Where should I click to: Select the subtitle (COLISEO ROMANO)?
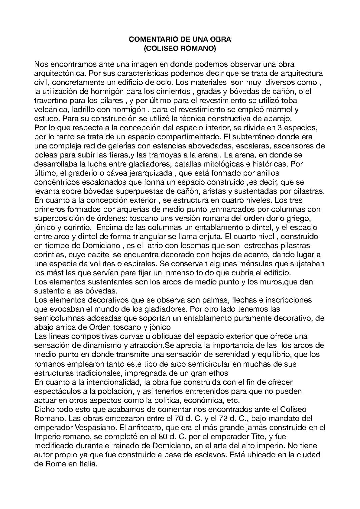(180, 49)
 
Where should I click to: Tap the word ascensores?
(295, 146)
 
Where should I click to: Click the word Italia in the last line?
(87, 463)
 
